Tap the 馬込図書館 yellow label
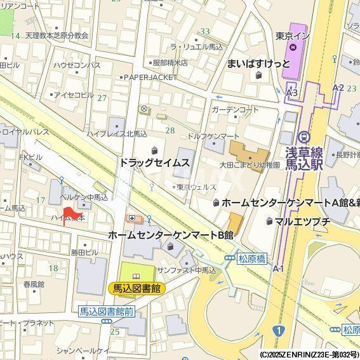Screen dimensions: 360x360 coord(137,288)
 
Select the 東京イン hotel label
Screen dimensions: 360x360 coord(293,35)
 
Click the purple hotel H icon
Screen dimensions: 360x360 coord(293,46)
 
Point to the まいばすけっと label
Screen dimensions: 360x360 coord(258,63)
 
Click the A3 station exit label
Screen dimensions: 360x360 coord(291,93)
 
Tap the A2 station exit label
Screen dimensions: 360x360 coord(338,87)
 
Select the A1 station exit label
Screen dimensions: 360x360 coord(278,269)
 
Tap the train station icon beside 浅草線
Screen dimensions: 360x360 coord(303,137)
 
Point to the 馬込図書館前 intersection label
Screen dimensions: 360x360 coord(106,311)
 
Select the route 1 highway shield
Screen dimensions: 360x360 coord(278,330)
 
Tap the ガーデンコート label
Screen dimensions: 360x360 coord(235,110)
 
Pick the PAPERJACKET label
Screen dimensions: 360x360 coord(150,77)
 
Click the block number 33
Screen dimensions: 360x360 coord(204,31)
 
